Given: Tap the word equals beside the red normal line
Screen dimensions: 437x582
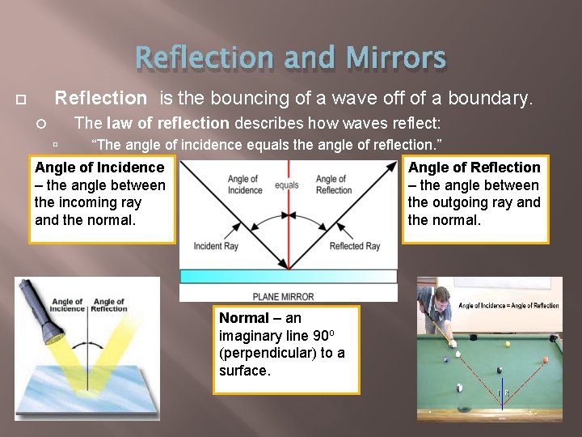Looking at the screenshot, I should click(287, 185).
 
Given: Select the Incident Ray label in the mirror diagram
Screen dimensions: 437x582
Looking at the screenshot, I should click(216, 246).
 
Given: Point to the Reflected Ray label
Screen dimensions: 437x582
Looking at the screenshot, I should click(355, 246).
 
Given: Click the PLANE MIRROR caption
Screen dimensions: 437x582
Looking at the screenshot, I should click(283, 296).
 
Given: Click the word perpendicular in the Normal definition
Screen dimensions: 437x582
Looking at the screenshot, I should click(270, 353).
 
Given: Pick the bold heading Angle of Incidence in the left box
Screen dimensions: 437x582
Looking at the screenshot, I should click(99, 168).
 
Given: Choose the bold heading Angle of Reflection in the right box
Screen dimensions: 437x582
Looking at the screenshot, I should click(474, 168).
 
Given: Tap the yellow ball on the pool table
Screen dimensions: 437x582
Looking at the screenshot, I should click(508, 344).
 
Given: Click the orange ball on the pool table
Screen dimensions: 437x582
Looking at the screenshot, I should click(545, 360).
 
